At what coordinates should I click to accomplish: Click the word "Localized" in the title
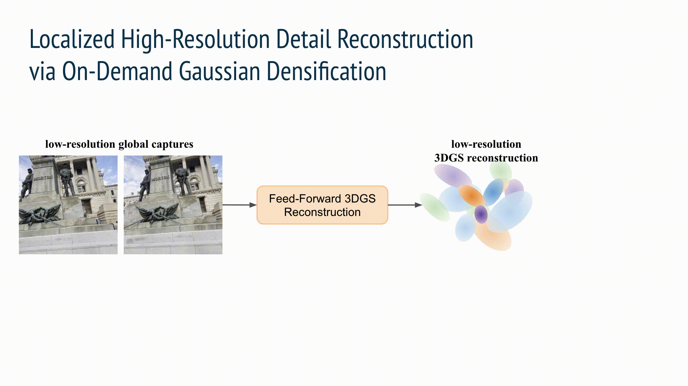72,39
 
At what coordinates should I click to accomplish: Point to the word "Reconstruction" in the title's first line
405,39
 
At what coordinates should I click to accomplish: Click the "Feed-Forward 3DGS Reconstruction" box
322,205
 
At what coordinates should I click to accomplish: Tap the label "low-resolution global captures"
119,144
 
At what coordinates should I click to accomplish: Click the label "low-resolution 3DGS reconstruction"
486,151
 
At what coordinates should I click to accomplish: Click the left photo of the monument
68,205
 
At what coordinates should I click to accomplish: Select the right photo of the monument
173,205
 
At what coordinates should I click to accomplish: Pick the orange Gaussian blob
471,196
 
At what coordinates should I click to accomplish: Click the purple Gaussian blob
481,214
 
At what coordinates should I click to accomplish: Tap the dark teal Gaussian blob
493,192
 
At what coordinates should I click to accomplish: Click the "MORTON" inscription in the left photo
43,178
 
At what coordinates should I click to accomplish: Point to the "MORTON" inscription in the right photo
160,178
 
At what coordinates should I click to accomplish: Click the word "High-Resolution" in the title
195,39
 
